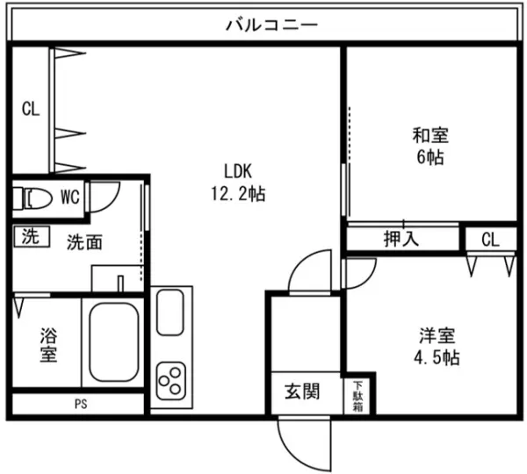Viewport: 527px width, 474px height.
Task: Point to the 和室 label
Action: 430,136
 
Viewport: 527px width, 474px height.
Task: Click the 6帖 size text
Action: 430,158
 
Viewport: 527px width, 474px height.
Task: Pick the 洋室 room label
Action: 437,335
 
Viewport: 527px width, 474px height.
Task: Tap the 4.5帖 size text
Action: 437,358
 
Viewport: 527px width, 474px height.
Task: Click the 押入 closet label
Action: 401,239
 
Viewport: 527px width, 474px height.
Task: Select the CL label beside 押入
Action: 490,239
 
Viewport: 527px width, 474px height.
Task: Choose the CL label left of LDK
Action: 31,110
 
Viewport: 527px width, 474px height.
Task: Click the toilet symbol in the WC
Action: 32,197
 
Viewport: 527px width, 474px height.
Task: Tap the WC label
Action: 70,197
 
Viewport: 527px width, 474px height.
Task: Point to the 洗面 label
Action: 85,242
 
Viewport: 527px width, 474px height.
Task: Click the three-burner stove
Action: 171,380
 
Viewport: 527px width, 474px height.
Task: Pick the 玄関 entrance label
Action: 301,392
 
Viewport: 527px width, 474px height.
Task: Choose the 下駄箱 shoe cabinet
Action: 358,394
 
